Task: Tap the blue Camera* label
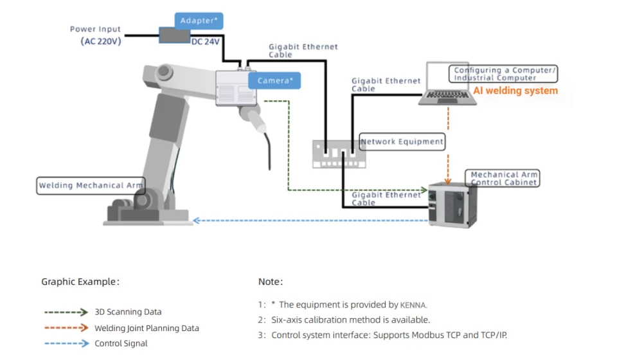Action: click(x=275, y=80)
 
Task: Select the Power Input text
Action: click(x=95, y=29)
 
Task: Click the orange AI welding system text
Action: click(x=515, y=91)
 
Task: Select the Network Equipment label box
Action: click(x=402, y=141)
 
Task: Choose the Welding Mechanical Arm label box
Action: click(x=91, y=186)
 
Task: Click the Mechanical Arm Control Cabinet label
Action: click(x=504, y=178)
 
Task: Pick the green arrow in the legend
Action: click(x=66, y=312)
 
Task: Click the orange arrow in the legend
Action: click(x=66, y=328)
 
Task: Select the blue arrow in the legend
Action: click(x=66, y=343)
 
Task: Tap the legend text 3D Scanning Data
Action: click(x=128, y=312)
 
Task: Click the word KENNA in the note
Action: click(x=413, y=305)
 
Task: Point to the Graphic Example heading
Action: click(x=80, y=282)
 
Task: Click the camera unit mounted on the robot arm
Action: click(x=236, y=88)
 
